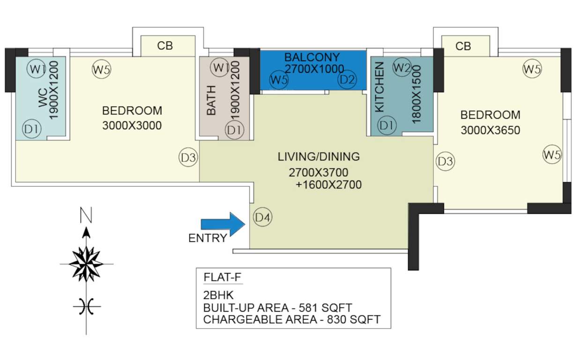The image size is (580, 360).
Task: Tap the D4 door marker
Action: tap(263, 217)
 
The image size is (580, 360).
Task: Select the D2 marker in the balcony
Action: tap(347, 80)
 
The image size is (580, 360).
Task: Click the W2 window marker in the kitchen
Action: tap(402, 67)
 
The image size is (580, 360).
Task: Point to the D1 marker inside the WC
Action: tap(32, 129)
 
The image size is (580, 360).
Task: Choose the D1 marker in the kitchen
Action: tap(387, 125)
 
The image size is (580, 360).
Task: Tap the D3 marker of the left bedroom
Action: tap(189, 158)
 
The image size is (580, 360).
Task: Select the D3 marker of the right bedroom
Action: tap(445, 162)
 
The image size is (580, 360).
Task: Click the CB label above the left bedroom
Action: tap(165, 46)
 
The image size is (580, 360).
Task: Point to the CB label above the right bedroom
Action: tap(463, 46)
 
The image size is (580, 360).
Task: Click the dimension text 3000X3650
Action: tap(490, 130)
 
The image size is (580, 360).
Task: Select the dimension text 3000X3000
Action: tap(132, 126)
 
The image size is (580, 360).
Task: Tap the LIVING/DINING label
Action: tap(319, 157)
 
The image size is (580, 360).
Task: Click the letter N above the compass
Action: tap(86, 216)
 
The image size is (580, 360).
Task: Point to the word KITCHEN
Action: tap(379, 87)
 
